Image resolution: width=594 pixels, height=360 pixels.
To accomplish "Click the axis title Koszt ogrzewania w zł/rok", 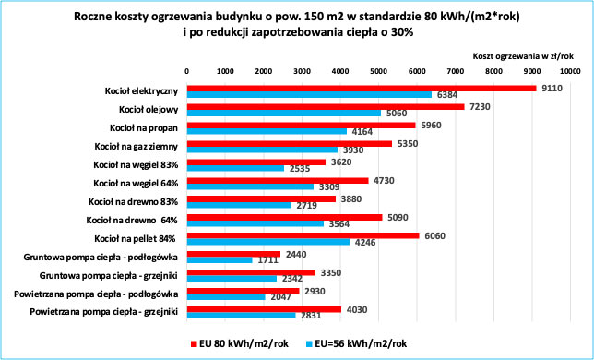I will (523, 56).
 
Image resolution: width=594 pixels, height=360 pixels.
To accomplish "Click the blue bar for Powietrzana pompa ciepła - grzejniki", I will (241, 316).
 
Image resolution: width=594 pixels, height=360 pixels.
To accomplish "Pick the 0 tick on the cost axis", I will (187, 70).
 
